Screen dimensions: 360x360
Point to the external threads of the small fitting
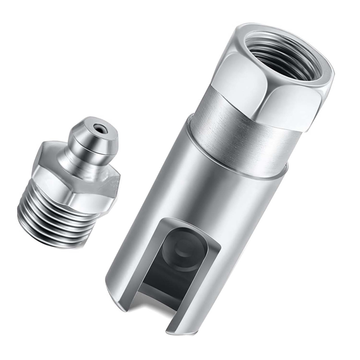[55, 218]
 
